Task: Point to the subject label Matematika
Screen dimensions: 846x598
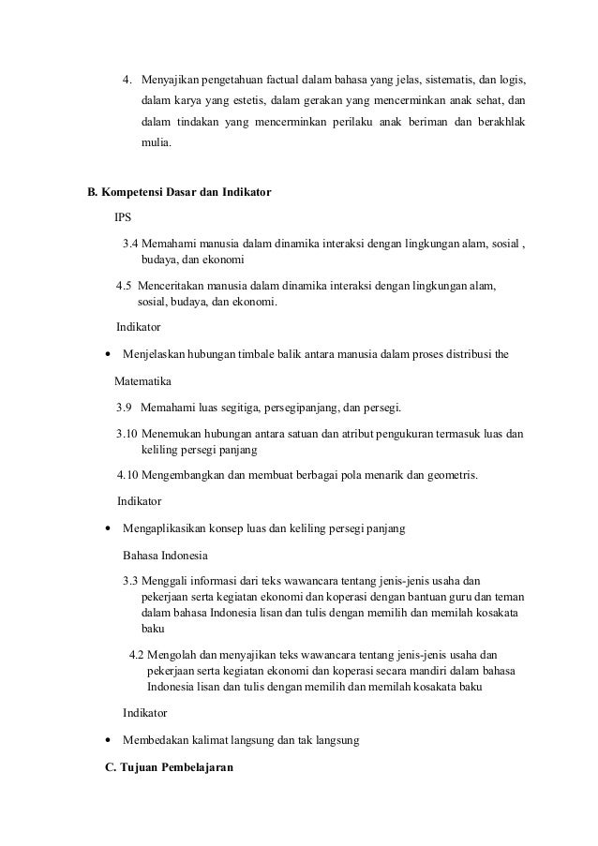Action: [143, 381]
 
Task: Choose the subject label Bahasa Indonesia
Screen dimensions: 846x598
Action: [166, 555]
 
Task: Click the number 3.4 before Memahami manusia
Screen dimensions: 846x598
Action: [132, 245]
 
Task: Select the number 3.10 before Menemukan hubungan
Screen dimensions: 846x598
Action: [127, 435]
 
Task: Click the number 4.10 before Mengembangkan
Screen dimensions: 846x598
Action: [127, 475]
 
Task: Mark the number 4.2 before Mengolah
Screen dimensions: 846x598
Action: [137, 653]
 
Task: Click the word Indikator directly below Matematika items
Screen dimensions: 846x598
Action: [138, 502]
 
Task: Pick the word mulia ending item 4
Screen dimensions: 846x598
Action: [157, 145]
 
